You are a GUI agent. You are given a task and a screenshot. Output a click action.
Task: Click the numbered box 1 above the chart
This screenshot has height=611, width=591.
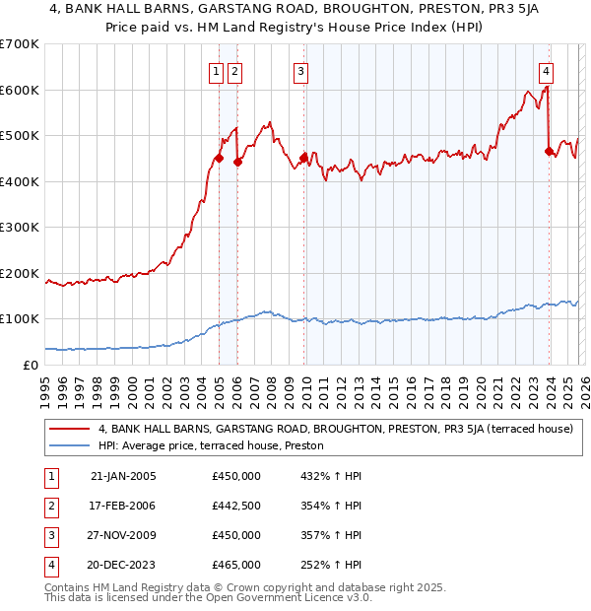[216, 71]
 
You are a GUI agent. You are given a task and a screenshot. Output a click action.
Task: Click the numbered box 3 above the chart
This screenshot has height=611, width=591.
[300, 71]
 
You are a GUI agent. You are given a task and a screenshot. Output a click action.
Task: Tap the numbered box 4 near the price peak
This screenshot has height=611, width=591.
[546, 71]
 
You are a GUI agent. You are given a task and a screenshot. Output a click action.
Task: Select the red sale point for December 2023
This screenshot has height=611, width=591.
[549, 151]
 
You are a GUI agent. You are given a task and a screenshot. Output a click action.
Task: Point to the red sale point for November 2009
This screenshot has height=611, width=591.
[303, 158]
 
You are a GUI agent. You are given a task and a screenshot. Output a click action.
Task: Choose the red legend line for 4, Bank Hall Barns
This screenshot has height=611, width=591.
[70, 429]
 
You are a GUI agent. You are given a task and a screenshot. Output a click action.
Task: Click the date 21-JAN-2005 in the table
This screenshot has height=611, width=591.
[122, 476]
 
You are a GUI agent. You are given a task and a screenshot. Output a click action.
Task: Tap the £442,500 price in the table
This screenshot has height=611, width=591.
[235, 506]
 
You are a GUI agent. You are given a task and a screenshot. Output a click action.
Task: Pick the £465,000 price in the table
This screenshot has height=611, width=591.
[235, 565]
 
